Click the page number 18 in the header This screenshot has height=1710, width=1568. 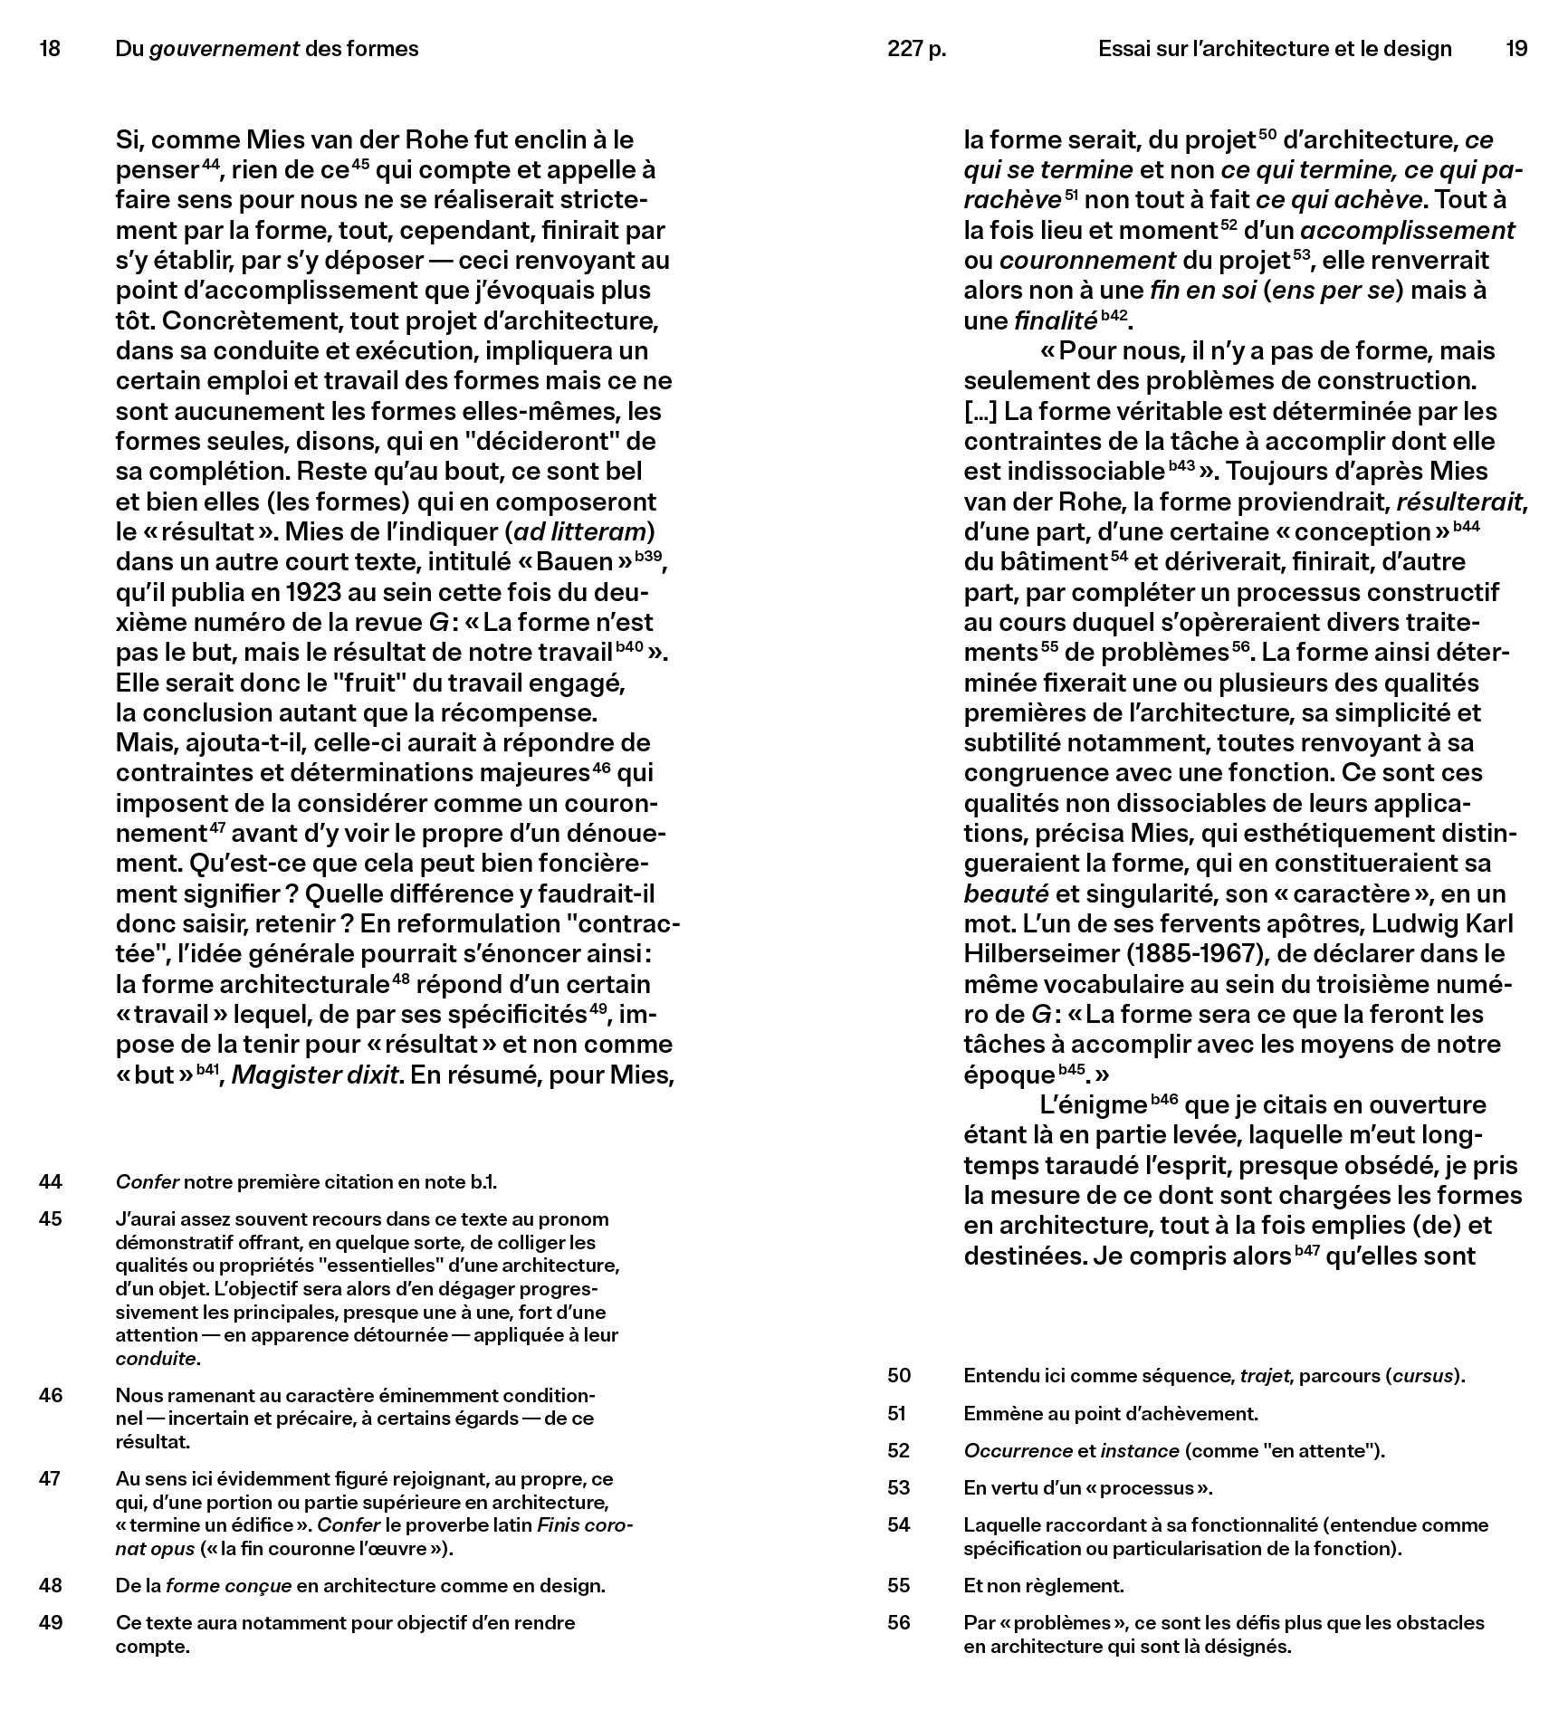(50, 49)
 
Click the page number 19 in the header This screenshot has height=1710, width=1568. (1516, 49)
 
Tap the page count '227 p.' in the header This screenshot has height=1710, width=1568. (916, 49)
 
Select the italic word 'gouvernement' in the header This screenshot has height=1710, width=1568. (224, 49)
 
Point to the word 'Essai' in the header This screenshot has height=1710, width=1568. (1123, 49)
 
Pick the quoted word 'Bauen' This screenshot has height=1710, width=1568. (575, 562)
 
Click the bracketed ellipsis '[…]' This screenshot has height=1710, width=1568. (980, 411)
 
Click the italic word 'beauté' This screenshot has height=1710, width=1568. (1006, 893)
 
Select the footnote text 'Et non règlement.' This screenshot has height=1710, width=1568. (1043, 1585)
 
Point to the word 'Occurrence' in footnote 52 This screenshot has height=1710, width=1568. (1018, 1450)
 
